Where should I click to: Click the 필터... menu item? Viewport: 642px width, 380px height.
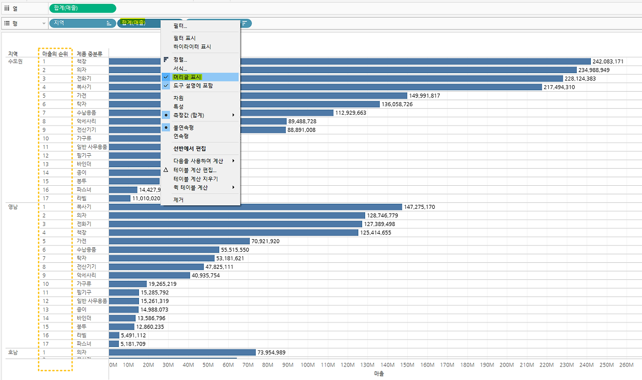tap(180, 26)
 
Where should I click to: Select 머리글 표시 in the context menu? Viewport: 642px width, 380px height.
tap(187, 77)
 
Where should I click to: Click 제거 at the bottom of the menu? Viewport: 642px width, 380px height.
tap(178, 200)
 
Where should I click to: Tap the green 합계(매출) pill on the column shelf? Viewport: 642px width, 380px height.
tap(83, 8)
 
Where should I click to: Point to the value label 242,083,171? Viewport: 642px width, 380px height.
tap(608, 62)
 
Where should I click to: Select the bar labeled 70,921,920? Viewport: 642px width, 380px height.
tap(179, 241)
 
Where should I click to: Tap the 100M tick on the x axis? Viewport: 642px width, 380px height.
tap(308, 365)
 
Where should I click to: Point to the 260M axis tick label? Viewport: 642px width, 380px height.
tap(626, 365)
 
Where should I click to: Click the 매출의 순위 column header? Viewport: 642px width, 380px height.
tap(55, 54)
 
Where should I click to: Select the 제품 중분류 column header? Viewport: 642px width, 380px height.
tap(90, 54)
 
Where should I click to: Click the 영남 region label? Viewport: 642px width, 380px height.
tap(13, 206)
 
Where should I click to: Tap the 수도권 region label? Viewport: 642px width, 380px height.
tap(15, 62)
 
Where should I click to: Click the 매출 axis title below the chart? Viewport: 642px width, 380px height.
tap(379, 373)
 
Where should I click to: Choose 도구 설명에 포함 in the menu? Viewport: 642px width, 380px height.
tap(193, 86)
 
